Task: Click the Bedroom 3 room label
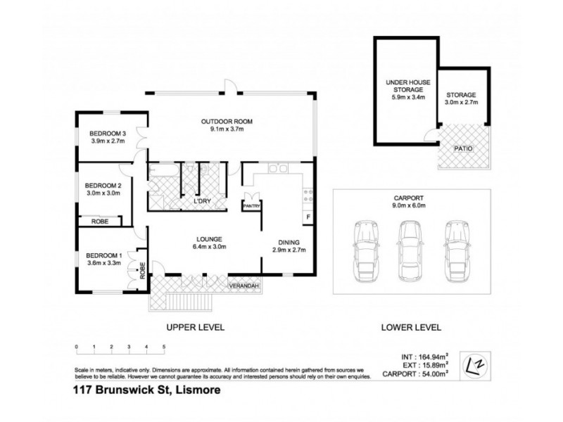[x=107, y=134]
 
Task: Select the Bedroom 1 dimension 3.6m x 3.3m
[x=103, y=263]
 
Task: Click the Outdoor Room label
[x=226, y=121]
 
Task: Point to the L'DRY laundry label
[x=203, y=202]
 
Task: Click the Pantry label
[x=251, y=206]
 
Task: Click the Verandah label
[x=243, y=286]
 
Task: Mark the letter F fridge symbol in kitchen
[x=308, y=215]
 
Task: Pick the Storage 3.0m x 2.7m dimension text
[x=461, y=103]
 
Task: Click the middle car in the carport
[x=410, y=249]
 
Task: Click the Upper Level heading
[x=194, y=327]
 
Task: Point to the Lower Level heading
[x=412, y=327]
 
